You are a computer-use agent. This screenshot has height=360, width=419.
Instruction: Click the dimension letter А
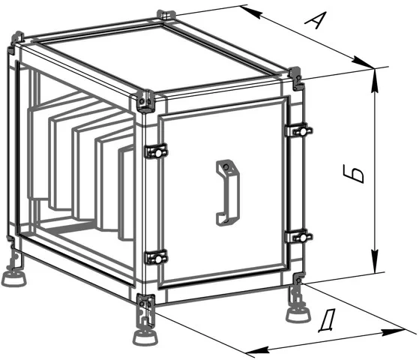tap(316, 20)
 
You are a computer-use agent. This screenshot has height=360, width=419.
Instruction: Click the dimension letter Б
tap(353, 174)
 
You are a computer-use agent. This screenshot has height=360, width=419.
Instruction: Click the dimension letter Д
tap(327, 321)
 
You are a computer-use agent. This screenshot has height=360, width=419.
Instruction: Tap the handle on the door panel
tap(227, 193)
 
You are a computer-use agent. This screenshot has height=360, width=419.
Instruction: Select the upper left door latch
tap(156, 151)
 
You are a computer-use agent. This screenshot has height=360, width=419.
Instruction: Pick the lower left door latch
tap(156, 257)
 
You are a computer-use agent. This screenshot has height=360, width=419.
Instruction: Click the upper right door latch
tap(299, 130)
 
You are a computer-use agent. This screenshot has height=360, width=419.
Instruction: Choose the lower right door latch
tap(299, 236)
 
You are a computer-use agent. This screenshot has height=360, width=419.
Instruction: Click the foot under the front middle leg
tap(145, 337)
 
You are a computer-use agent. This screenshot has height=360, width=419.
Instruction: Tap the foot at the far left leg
tap(14, 279)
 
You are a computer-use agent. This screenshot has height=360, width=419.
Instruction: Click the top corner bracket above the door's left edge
tap(146, 100)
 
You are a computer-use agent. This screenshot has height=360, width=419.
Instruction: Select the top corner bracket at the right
tap(296, 78)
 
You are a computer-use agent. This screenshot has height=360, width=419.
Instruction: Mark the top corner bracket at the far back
tap(166, 14)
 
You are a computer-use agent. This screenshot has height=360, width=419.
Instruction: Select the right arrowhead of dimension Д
tap(393, 331)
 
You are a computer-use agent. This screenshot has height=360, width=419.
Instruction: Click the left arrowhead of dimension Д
tap(257, 350)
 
